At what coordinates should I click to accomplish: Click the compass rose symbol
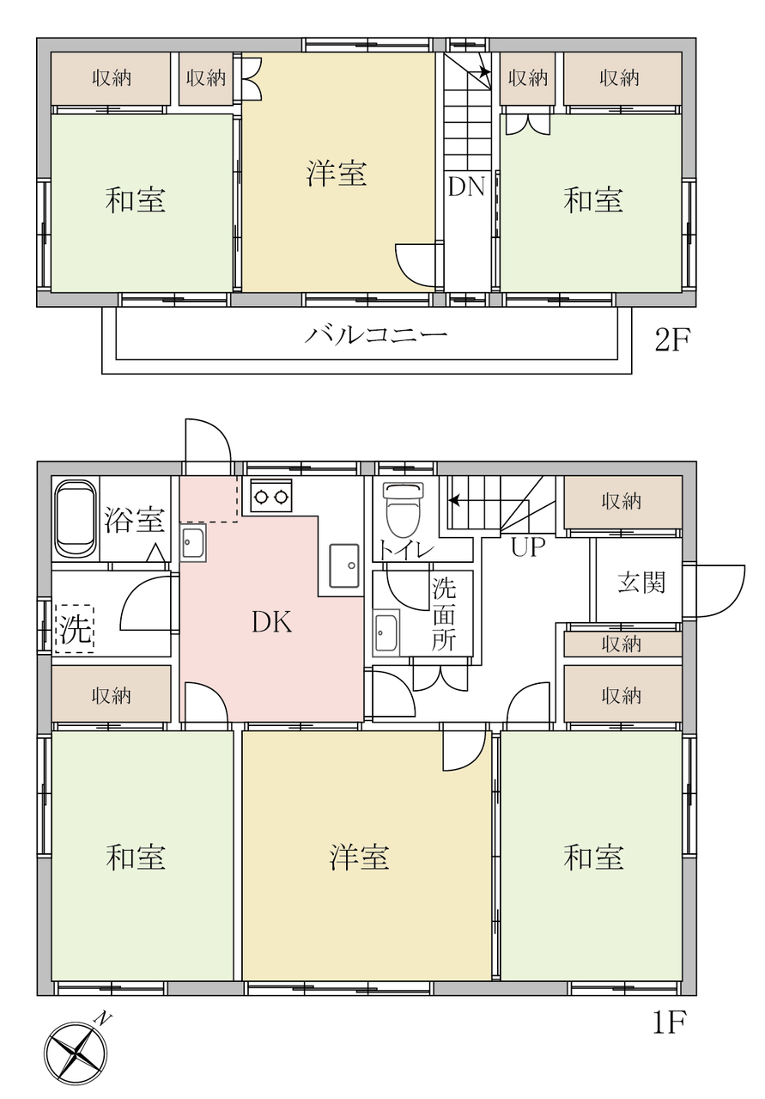(76, 1052)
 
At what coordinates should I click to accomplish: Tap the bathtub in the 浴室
(76, 519)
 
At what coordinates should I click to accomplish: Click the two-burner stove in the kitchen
(271, 497)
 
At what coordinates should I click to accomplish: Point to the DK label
(271, 622)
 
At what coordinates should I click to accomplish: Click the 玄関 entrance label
(641, 583)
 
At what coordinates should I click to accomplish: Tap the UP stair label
(528, 547)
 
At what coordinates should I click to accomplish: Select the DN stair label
(466, 186)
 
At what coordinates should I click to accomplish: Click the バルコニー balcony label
(376, 336)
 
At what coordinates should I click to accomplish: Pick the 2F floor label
(673, 340)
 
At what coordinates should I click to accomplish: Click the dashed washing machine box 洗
(74, 629)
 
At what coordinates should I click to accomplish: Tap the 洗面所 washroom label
(444, 614)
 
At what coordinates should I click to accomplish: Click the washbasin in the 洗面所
(386, 633)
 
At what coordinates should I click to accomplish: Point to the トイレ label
(405, 552)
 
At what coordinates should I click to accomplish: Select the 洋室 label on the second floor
(337, 174)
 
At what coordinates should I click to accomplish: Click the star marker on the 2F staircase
(484, 71)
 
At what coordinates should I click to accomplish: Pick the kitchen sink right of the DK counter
(343, 565)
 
